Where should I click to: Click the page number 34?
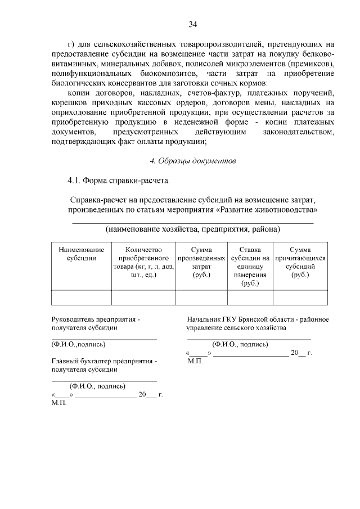tap(192, 24)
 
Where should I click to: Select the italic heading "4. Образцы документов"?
tap(192, 161)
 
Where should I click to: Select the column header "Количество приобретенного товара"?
tap(143, 263)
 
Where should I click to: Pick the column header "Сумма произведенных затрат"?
tap(201, 262)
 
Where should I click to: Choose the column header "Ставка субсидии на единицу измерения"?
tap(250, 267)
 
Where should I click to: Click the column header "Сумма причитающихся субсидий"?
tap(300, 262)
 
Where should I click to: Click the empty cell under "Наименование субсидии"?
tap(82, 297)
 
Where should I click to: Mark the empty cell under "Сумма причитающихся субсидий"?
tap(300, 297)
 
